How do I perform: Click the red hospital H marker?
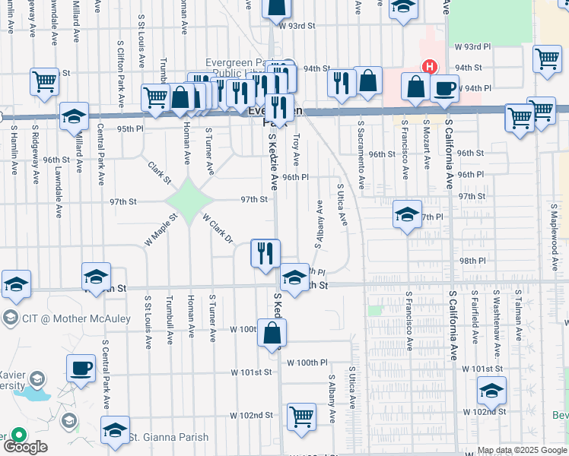[431, 67]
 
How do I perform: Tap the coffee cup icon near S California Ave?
[444, 87]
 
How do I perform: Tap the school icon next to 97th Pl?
[407, 214]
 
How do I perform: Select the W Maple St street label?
[161, 230]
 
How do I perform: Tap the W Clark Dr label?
[218, 228]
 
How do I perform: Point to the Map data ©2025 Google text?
[522, 451]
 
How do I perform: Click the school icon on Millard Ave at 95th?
[74, 116]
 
